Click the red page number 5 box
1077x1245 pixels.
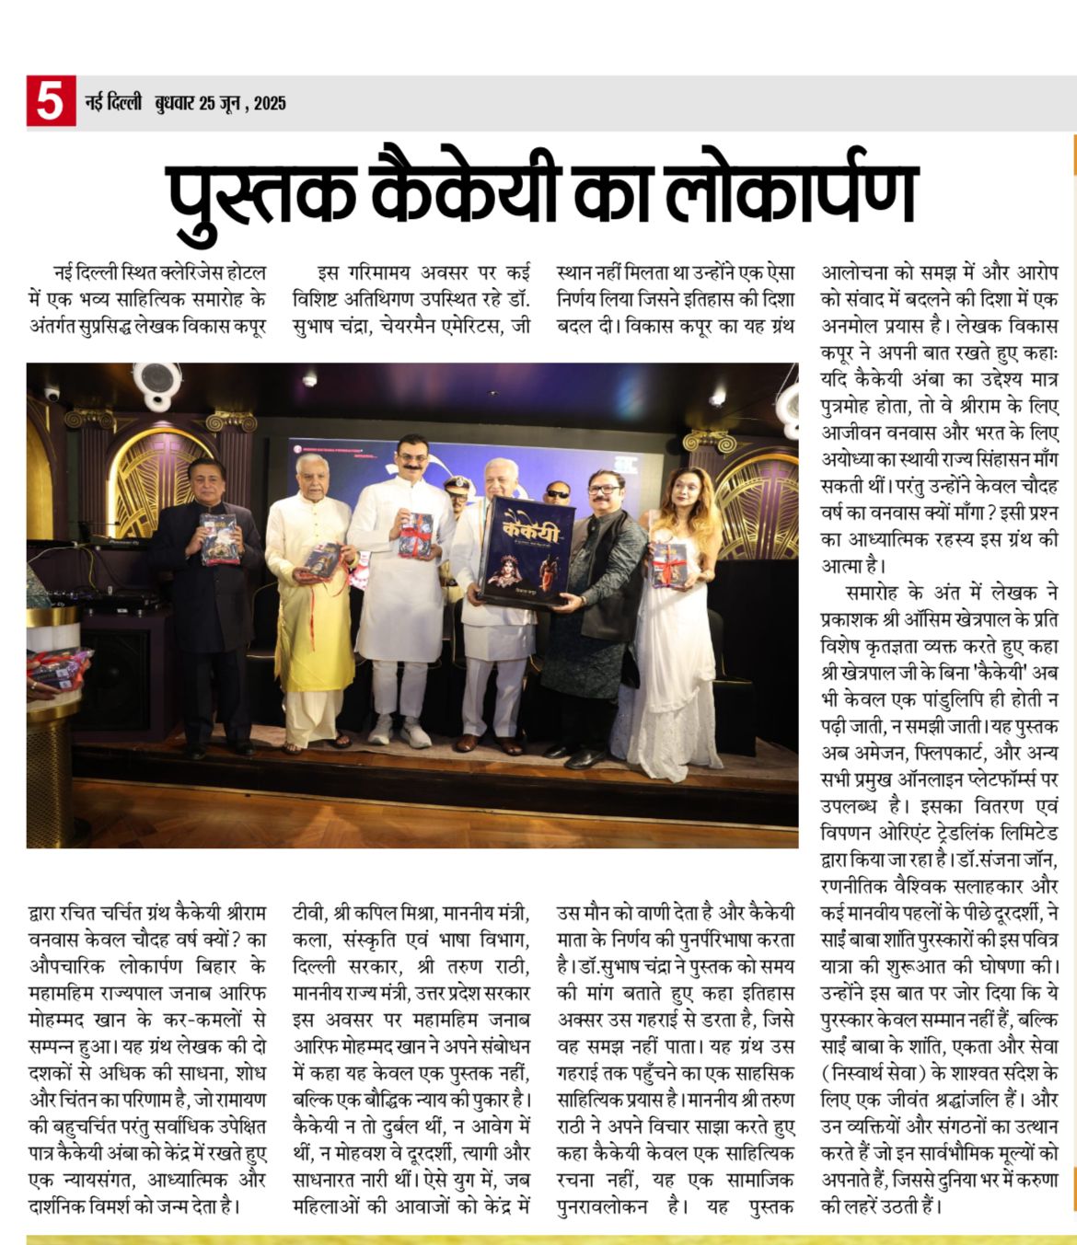pos(51,101)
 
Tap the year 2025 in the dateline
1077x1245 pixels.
pos(270,103)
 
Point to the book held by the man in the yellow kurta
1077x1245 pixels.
pos(322,559)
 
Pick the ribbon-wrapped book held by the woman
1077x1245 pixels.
pos(669,564)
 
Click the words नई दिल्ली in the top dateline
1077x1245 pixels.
pos(112,103)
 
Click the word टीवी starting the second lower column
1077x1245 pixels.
pos(307,915)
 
